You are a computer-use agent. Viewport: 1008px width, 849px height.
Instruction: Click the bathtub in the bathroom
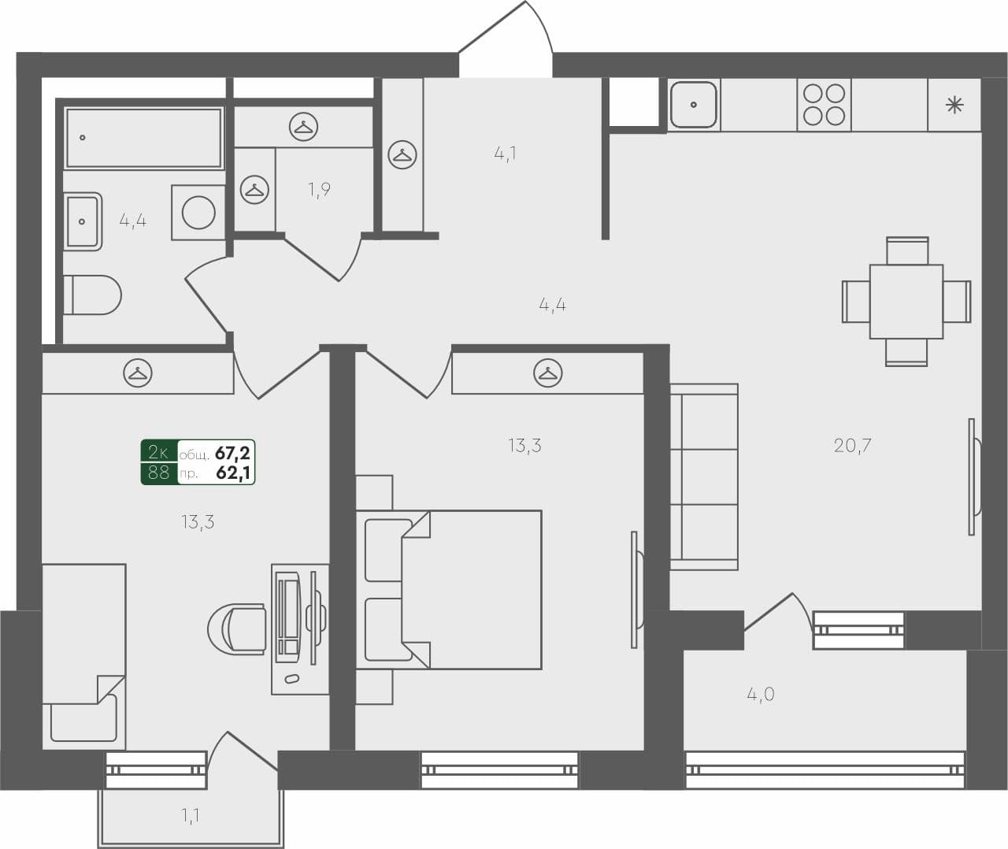coord(143,138)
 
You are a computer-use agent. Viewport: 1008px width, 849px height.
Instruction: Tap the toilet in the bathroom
coord(92,295)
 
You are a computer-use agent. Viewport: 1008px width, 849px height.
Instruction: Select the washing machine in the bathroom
coord(198,212)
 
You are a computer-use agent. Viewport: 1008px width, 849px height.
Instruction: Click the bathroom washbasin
coord(83,221)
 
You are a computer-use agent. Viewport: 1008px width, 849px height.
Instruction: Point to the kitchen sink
coord(693,105)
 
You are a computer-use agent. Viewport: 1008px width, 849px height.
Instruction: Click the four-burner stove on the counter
coord(824,105)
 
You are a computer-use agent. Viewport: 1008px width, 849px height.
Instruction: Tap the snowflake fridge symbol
coord(954,105)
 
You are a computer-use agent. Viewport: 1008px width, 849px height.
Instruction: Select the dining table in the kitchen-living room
coord(906,302)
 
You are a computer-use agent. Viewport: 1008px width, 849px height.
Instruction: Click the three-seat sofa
coord(704,476)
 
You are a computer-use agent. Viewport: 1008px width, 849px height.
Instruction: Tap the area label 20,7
coord(852,446)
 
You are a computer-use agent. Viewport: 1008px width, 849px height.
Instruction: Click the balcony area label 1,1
coord(190,816)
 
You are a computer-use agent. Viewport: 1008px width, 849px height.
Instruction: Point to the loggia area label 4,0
coord(760,694)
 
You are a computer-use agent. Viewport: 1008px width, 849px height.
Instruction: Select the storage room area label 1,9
coord(319,189)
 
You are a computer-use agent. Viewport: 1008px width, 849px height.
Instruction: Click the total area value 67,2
coord(233,453)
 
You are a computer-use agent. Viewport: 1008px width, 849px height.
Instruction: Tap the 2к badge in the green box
coord(158,452)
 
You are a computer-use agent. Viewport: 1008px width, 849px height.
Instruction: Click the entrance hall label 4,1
coord(505,153)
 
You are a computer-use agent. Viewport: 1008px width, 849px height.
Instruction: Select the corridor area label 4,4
coord(552,304)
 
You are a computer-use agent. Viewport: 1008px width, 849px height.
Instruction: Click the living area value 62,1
coord(233,473)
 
